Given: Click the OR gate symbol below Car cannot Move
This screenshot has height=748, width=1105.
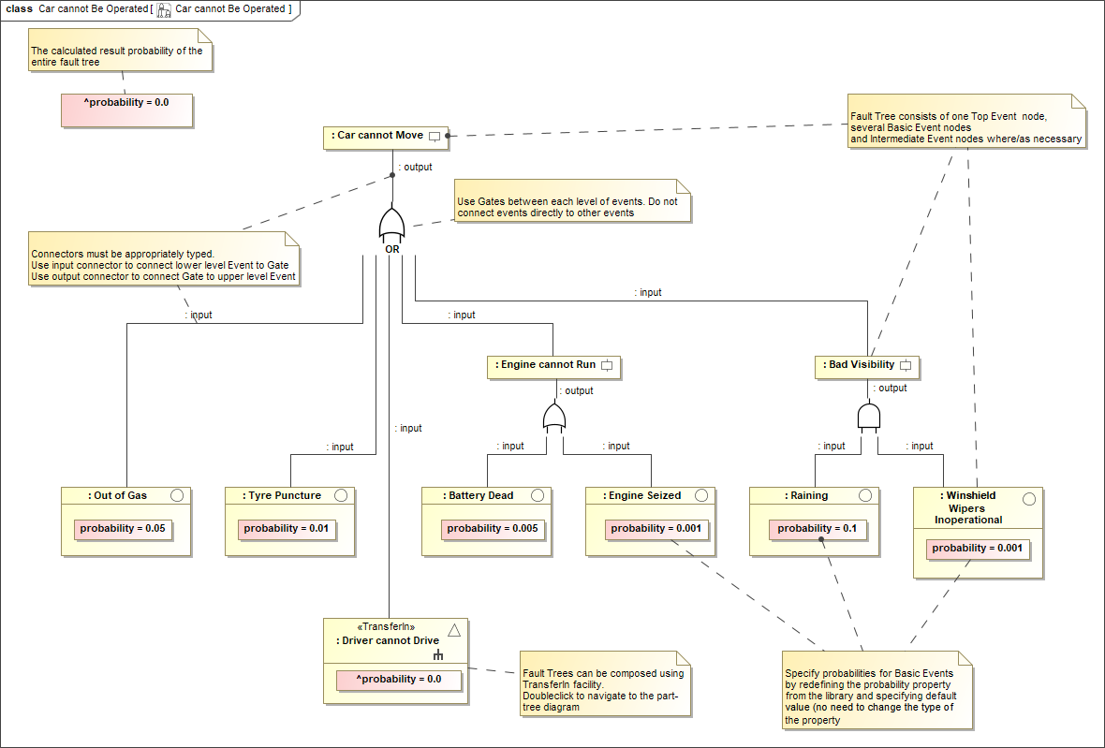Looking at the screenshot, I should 391,226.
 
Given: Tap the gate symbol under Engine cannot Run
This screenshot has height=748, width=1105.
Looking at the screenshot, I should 554,418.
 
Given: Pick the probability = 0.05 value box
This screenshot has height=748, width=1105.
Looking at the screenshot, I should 123,529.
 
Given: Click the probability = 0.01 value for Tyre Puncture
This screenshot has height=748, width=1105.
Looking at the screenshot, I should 287,529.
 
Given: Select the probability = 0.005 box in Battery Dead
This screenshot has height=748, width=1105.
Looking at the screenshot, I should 493,529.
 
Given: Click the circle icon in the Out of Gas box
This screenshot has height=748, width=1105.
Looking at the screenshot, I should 178,495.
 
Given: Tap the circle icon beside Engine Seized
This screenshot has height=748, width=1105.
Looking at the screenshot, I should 701,495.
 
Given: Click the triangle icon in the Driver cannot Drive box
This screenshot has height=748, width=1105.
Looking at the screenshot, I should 453,629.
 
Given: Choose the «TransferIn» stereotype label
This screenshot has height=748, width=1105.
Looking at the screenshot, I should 386,627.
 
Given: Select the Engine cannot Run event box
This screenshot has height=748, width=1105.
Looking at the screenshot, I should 553,365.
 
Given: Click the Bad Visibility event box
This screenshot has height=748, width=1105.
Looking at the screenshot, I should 867,365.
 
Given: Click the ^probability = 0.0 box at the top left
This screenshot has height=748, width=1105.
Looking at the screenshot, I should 126,110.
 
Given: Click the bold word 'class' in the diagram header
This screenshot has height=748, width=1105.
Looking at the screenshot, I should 19,8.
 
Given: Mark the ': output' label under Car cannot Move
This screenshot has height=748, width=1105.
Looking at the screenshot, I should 415,168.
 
